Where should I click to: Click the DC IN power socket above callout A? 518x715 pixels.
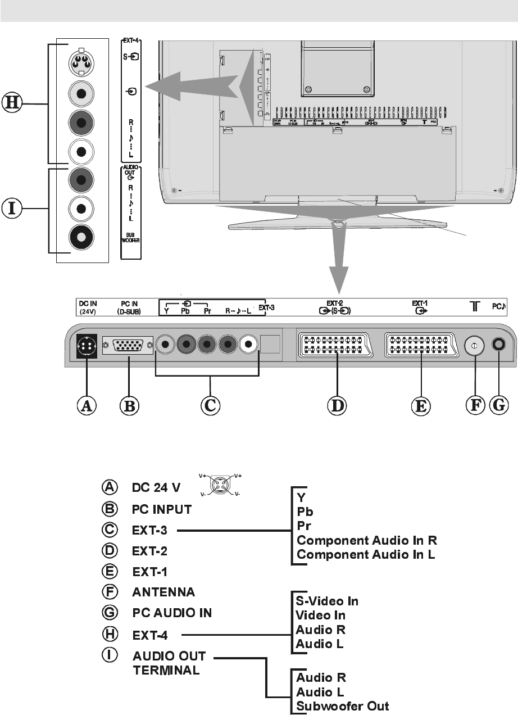pos(87,347)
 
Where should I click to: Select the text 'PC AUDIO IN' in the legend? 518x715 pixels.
pos(172,613)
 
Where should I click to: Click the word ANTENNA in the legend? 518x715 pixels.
pos(163,592)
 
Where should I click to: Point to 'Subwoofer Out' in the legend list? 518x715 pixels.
pos(343,706)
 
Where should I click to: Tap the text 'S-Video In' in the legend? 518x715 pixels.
pos(328,601)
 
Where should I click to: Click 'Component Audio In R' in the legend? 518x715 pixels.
pos(367,540)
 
